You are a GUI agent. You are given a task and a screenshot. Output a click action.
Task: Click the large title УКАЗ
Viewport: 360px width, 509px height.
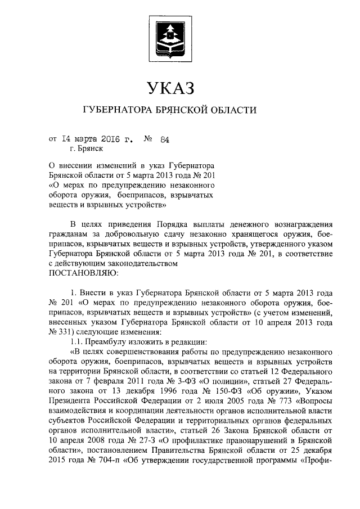click(x=170, y=88)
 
